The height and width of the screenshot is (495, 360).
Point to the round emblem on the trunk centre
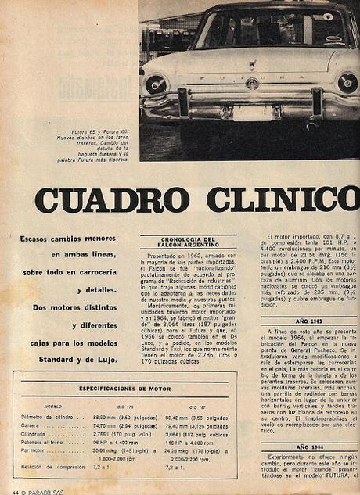tap(252, 83)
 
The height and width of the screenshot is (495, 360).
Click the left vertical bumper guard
tap(183, 102)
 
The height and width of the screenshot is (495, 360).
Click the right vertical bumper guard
tap(318, 102)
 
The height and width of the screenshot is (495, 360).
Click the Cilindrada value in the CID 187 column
tap(196, 435)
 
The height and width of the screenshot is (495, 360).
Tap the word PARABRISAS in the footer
tap(39, 490)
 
